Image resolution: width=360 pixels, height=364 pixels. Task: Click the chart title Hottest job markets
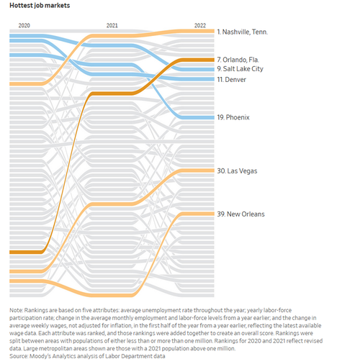pyautogui.click(x=40, y=6)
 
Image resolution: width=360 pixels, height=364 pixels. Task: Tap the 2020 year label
pyautogui.click(x=24, y=25)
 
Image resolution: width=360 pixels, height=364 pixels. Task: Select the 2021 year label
pyautogui.click(x=112, y=25)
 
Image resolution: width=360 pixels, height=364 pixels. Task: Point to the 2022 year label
pyautogui.click(x=200, y=25)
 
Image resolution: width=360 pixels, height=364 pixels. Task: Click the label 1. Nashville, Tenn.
pyautogui.click(x=243, y=32)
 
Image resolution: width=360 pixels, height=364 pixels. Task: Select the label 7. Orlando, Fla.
pyautogui.click(x=238, y=60)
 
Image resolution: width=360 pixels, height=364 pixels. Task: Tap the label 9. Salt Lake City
pyautogui.click(x=240, y=69)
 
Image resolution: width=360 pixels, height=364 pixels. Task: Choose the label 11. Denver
pyautogui.click(x=232, y=80)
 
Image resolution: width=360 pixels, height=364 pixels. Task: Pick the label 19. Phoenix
pyautogui.click(x=233, y=117)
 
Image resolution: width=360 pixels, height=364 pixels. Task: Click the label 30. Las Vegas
pyautogui.click(x=237, y=171)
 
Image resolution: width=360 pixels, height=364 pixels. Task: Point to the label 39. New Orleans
pyautogui.click(x=240, y=214)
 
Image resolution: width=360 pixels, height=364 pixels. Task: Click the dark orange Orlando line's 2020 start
pyautogui.click(x=26, y=252)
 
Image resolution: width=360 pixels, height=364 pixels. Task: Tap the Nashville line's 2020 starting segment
pyautogui.click(x=26, y=83)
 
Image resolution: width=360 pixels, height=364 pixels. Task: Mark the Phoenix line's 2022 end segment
pyautogui.click(x=198, y=117)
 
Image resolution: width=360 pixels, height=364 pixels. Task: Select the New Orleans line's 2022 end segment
pyautogui.click(x=198, y=214)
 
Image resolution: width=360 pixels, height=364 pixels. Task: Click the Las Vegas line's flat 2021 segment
pyautogui.click(x=112, y=204)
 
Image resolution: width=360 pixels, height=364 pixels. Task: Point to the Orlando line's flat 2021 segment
pyautogui.click(x=112, y=94)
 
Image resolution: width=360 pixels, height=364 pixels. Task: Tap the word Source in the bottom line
pyautogui.click(x=19, y=356)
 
